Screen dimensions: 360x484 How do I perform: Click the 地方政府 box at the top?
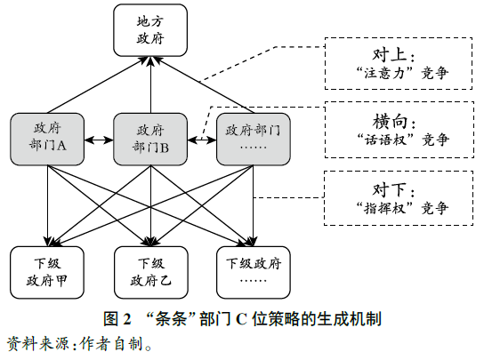[150, 31]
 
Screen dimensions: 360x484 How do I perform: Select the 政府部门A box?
[47, 138]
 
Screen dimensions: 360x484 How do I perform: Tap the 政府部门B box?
[150, 138]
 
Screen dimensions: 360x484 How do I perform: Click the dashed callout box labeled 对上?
[398, 63]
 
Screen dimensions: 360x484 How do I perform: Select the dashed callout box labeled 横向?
[398, 131]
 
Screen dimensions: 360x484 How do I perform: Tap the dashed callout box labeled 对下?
[398, 197]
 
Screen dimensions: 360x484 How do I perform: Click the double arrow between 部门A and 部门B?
[99, 139]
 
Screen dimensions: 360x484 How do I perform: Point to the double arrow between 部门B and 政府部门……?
[202, 139]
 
